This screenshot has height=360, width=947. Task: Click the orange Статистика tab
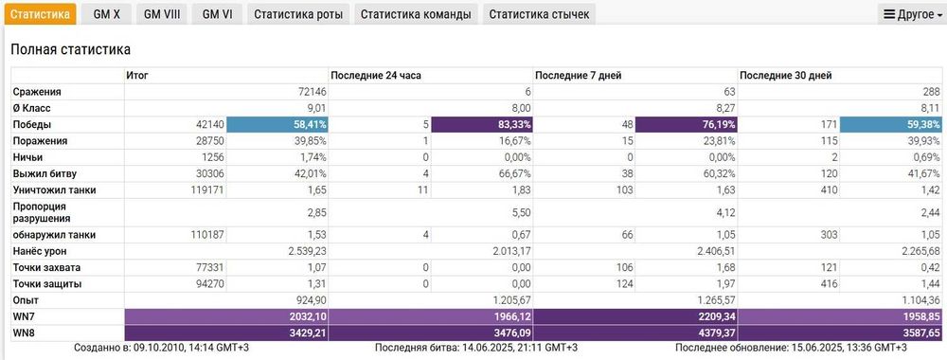point(40,14)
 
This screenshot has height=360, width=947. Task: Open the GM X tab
point(107,14)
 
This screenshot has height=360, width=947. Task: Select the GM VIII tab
point(162,14)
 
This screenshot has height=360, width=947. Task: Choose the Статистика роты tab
point(299,14)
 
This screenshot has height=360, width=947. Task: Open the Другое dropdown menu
point(911,14)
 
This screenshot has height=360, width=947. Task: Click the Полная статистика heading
point(70,49)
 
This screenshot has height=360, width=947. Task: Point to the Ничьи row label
point(28,156)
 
